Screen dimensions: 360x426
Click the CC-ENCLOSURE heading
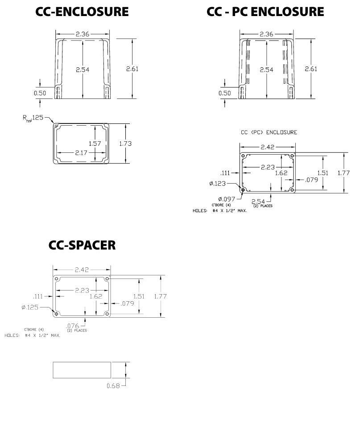click(82, 12)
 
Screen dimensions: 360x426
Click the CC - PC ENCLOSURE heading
click(265, 12)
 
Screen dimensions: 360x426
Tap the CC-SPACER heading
click(82, 245)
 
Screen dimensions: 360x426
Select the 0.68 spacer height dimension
click(113, 386)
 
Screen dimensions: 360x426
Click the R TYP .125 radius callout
click(33, 118)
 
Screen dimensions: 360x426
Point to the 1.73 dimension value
click(125, 143)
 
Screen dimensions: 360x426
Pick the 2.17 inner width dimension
click(81, 153)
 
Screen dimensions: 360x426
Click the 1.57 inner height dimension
click(95, 143)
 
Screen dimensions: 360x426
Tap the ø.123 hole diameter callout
click(218, 184)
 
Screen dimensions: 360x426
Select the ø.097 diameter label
click(227, 199)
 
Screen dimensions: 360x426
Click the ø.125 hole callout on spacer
click(30, 307)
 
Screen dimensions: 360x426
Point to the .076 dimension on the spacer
click(73, 325)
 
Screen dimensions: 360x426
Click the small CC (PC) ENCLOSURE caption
click(269, 132)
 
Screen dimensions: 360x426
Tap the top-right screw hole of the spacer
click(107, 279)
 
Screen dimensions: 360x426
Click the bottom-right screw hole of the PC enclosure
click(292, 190)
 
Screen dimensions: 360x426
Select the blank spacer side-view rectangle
click(82, 370)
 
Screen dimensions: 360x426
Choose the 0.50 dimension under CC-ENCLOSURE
click(40, 93)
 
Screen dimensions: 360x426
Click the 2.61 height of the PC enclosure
click(311, 69)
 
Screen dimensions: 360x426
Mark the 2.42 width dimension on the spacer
click(82, 270)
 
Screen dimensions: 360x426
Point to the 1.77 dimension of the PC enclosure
click(343, 173)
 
